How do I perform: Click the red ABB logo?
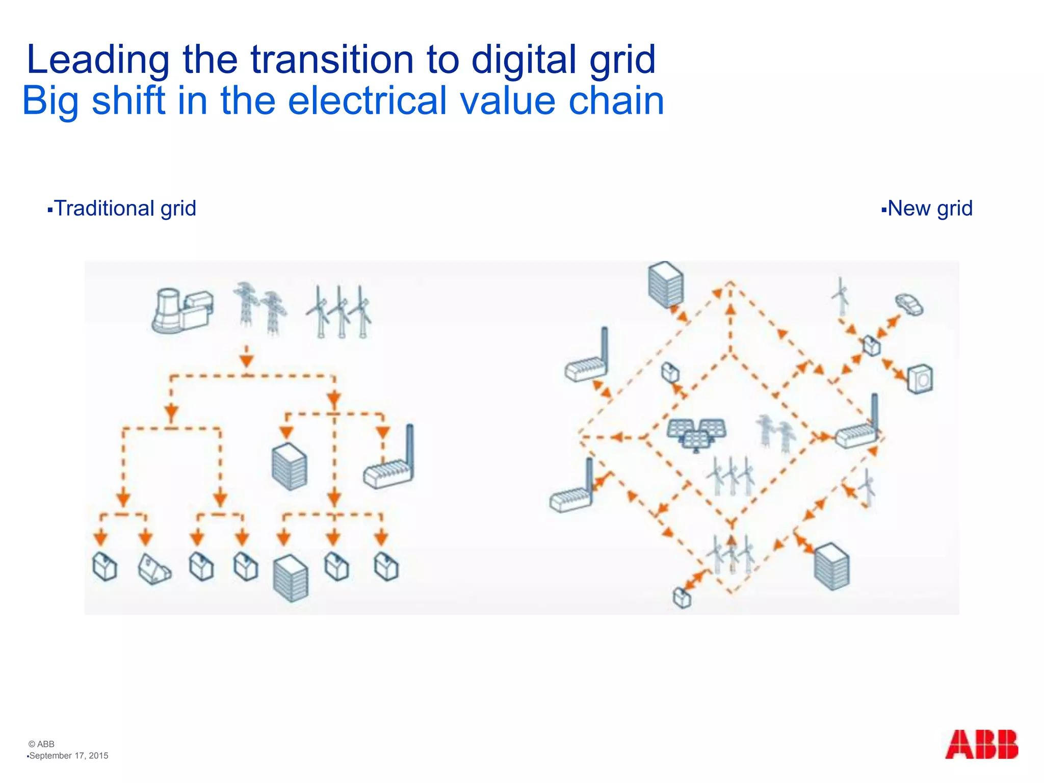(x=981, y=744)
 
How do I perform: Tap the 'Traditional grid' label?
(x=125, y=208)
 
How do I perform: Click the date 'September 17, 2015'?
(x=69, y=755)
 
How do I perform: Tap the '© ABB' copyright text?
(x=41, y=744)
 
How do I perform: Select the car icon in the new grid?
(x=909, y=304)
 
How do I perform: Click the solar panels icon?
(x=697, y=434)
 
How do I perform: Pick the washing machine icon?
(x=921, y=379)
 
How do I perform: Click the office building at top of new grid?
(x=666, y=284)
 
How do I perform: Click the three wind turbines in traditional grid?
(x=340, y=312)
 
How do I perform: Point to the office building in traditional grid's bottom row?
(x=291, y=578)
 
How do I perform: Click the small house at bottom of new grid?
(x=682, y=598)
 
